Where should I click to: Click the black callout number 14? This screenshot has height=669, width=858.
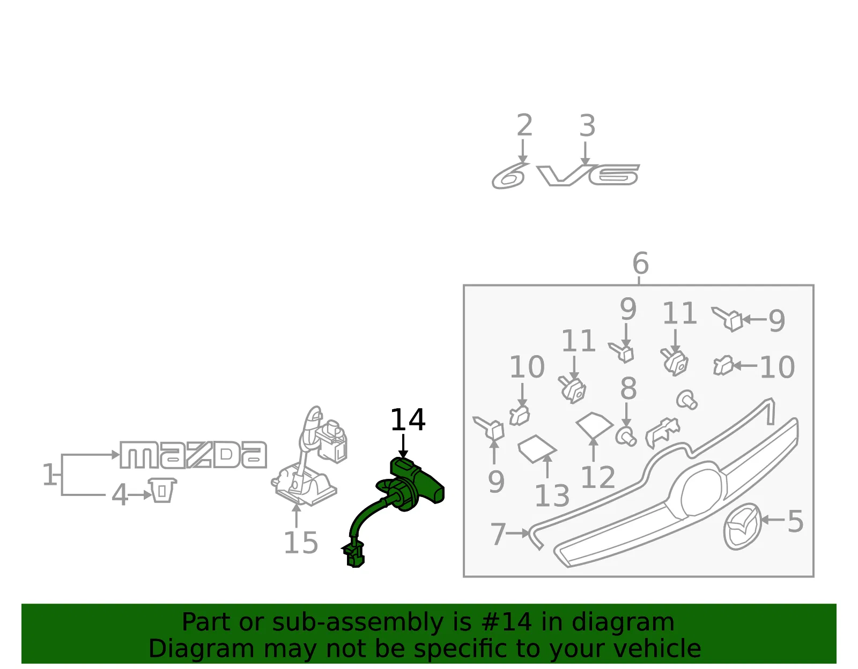tap(408, 420)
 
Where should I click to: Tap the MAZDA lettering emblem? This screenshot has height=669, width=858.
tap(193, 455)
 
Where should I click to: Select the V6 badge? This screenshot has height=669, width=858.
tap(588, 175)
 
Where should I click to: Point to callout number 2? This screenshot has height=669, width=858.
tap(525, 125)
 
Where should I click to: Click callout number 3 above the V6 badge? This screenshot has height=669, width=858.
tap(587, 126)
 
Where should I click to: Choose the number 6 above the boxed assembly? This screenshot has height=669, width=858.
tap(640, 263)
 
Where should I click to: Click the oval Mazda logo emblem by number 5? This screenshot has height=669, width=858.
tap(742, 527)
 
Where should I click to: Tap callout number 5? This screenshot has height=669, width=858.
tap(796, 521)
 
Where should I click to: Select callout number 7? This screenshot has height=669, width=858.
tap(498, 534)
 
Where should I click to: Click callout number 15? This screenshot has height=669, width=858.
tap(300, 543)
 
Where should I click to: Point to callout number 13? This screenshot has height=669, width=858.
tap(552, 495)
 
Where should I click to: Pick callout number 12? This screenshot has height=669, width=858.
tap(598, 477)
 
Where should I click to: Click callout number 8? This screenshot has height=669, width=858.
tap(628, 388)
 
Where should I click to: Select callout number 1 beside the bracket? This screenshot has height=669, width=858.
tap(50, 474)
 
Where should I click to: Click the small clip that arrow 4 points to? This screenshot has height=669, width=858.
tap(162, 490)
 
